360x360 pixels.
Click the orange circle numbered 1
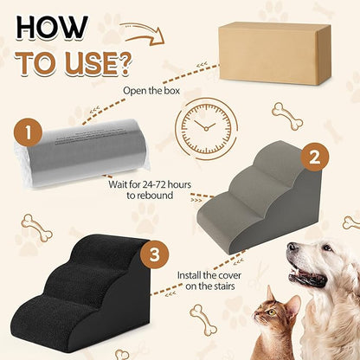point(29,135)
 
